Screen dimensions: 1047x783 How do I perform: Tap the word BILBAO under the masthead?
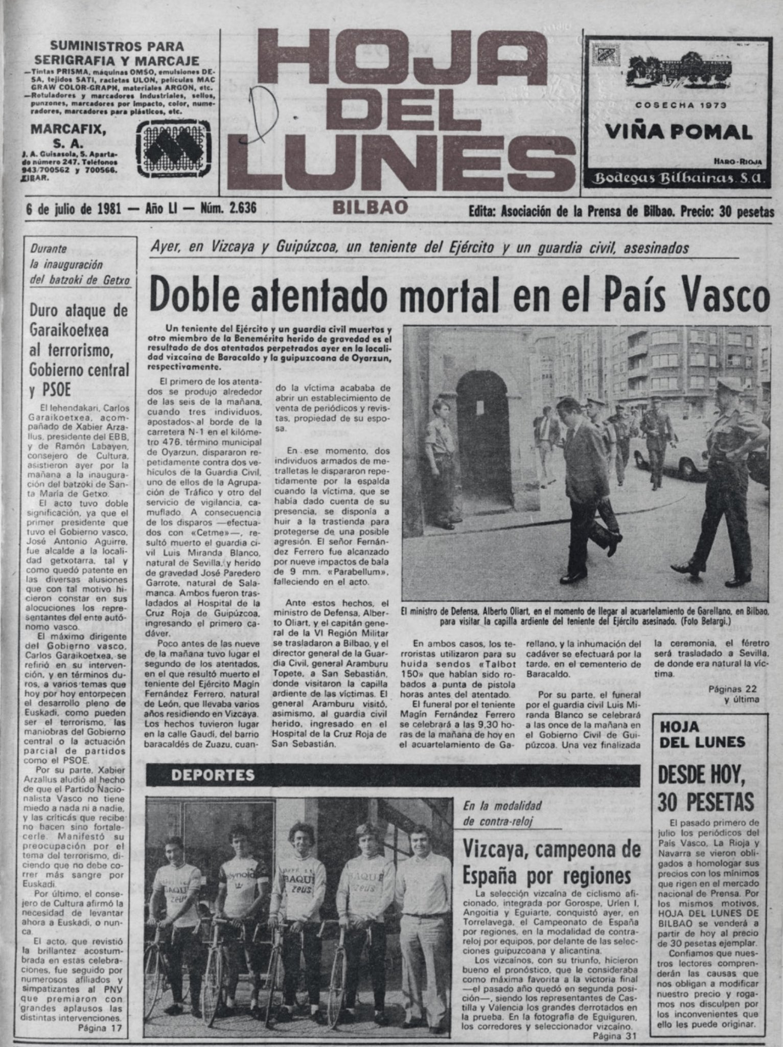tap(371, 207)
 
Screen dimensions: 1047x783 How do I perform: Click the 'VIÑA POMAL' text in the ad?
tap(679, 133)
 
